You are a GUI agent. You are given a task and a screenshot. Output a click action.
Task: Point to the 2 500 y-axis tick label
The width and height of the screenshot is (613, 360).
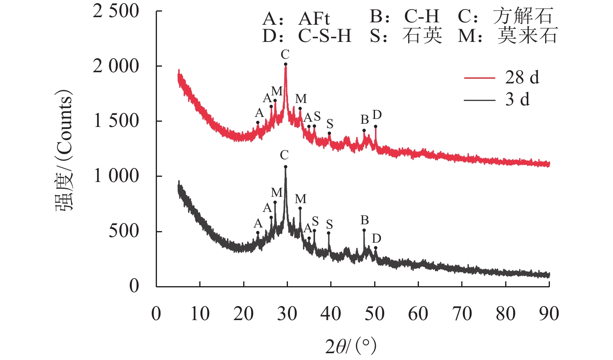pos(116,11)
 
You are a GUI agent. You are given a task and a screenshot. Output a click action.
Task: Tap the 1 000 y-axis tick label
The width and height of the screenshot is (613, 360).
pos(116,176)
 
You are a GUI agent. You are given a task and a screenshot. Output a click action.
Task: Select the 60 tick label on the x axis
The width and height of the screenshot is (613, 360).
pos(418,314)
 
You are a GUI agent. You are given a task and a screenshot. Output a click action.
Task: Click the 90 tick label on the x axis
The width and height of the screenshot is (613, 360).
pos(549,314)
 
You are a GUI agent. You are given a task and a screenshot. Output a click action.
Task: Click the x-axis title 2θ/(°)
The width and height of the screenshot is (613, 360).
pos(351,346)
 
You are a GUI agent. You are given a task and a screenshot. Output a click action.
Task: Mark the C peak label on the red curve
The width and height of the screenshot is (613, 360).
pos(285,54)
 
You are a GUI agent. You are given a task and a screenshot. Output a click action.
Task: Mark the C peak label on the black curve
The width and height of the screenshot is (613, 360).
pos(284,155)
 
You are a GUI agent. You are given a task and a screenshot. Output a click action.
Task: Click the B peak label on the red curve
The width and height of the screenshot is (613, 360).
pos(365,119)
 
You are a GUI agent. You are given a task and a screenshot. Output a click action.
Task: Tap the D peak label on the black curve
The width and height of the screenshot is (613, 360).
pos(377,239)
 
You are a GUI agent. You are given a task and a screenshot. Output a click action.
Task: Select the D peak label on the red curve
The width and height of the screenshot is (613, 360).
pos(377,115)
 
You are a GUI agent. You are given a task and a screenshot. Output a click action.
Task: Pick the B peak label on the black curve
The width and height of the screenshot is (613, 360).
pos(365,220)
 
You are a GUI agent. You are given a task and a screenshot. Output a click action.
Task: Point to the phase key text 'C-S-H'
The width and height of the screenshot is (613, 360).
pos(324,36)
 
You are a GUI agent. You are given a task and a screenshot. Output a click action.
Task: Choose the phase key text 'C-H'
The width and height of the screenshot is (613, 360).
pos(421,17)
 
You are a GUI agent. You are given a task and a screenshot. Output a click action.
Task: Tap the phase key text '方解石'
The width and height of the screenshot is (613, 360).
pos(523,17)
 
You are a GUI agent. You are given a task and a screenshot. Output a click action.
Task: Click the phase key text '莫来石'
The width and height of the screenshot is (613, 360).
pos(527,36)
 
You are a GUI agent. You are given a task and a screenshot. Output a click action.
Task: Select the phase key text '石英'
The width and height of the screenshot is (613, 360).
pos(422,36)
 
